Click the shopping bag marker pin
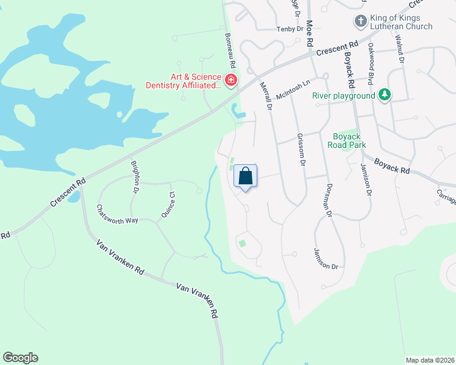pos(245,177)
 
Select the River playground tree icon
pos(384,95)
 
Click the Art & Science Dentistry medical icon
pos(231,80)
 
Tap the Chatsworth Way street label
pos(118,214)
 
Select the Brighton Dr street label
pos(135,177)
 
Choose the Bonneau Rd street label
pos(230,50)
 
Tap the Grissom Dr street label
pos(301,149)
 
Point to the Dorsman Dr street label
pos(329,200)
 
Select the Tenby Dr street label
pos(290,29)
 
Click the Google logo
pos(20,358)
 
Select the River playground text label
pos(343,96)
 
